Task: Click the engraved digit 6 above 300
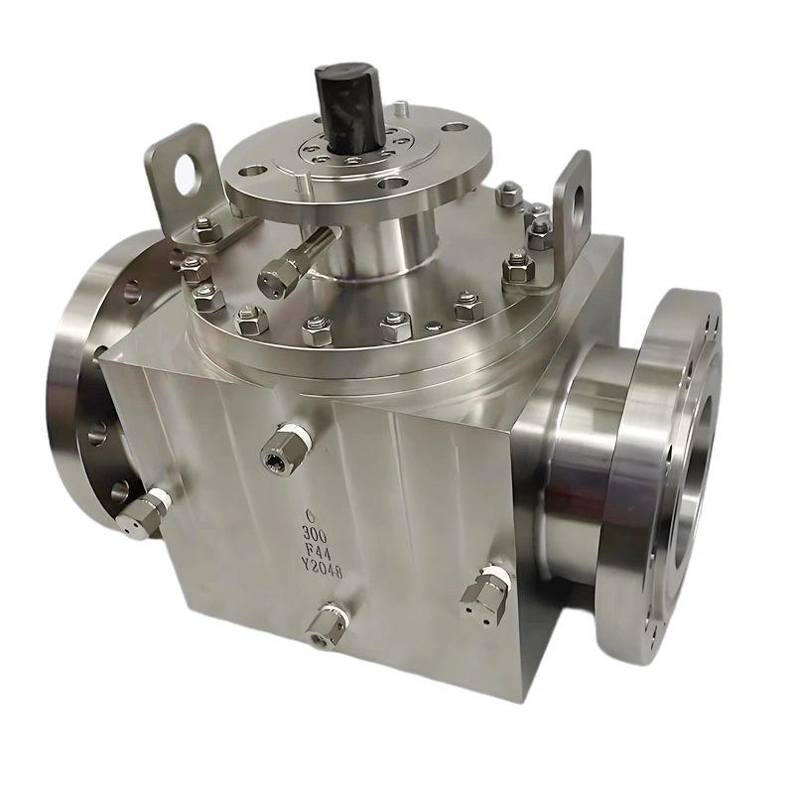click(311, 515)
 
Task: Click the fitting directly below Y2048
click(327, 623)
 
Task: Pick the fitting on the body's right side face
click(485, 591)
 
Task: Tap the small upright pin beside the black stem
click(399, 107)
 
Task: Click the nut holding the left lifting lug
click(205, 231)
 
